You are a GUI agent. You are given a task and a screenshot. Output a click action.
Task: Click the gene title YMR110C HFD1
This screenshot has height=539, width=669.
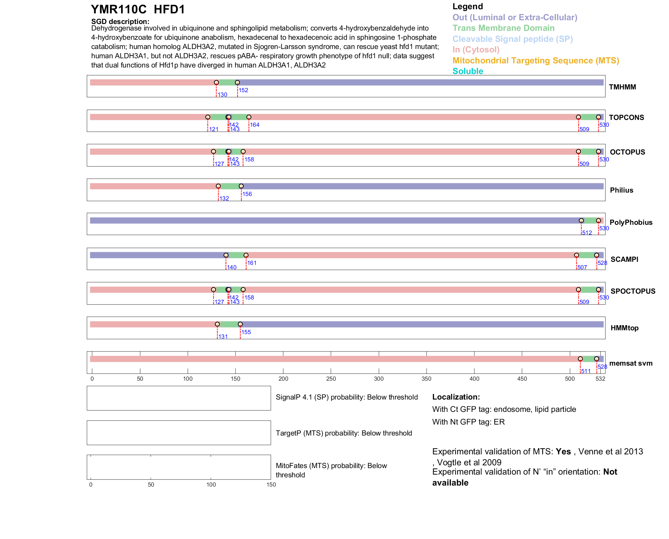point(138,10)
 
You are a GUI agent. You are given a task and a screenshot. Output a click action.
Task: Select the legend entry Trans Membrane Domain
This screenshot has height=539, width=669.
point(503,28)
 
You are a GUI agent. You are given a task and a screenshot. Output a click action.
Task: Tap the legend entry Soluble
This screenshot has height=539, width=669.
point(468,71)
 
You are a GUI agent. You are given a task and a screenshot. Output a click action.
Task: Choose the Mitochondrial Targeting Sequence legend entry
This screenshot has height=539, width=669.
point(536,61)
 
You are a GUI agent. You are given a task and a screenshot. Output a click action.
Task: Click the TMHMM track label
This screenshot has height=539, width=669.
point(622,87)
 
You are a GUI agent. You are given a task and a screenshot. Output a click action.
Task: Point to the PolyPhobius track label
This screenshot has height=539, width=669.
point(631,222)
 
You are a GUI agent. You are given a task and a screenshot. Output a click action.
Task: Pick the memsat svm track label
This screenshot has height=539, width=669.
point(631,363)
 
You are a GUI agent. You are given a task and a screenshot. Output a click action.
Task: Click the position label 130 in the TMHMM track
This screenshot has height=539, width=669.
point(223,95)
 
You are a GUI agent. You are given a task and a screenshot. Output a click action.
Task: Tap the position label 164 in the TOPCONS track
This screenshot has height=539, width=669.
point(255,125)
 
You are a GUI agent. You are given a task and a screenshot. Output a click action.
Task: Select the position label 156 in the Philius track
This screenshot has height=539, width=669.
point(247,194)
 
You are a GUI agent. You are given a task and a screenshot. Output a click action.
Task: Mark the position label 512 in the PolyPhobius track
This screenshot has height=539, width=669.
point(587,233)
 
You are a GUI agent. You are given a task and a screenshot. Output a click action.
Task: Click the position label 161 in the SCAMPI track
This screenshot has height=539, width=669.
point(252,263)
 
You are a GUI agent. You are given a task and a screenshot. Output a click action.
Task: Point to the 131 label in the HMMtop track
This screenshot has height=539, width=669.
point(223,337)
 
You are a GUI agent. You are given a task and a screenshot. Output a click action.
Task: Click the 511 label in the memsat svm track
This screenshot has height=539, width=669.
point(586,371)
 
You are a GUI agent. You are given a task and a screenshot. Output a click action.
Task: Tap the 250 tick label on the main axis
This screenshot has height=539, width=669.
point(331,379)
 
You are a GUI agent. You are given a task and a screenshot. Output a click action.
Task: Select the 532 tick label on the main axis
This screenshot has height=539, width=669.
point(600,379)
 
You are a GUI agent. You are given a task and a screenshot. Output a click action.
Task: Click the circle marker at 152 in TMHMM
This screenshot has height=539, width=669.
point(237,83)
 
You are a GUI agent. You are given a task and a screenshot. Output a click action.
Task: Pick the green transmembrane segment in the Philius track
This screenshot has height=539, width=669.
point(230,186)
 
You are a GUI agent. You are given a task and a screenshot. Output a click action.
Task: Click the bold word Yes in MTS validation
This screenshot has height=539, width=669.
point(563,452)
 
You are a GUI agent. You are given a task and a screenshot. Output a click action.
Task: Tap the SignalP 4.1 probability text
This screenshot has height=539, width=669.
point(347,397)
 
